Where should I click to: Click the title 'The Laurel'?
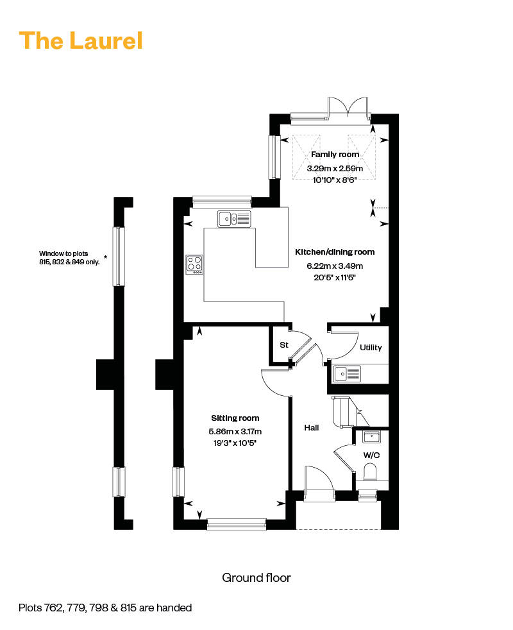[x=81, y=40]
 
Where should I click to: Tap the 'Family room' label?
[x=335, y=155]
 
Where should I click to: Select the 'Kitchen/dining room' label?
[x=334, y=252]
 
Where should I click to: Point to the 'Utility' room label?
[x=371, y=348]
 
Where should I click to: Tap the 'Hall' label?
[x=312, y=428]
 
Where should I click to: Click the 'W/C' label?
[x=371, y=455]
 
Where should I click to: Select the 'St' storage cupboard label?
[x=284, y=345]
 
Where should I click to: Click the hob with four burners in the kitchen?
[x=195, y=264]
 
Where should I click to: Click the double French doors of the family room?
[x=349, y=108]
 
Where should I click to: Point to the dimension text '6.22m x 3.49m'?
[x=334, y=266]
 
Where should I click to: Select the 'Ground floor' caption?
[x=256, y=578]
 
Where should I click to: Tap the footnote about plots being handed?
[x=105, y=608]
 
